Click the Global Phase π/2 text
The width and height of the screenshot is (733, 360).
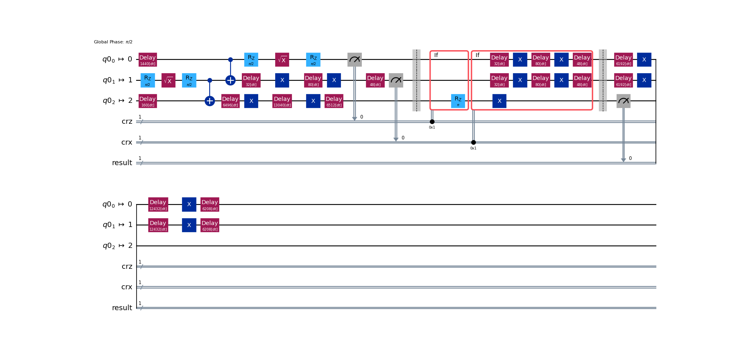click(113, 42)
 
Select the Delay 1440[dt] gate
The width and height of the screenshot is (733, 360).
click(147, 59)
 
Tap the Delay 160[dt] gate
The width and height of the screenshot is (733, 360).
click(147, 101)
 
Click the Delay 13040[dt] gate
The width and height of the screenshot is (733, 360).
click(282, 101)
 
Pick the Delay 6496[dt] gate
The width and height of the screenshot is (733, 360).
click(230, 101)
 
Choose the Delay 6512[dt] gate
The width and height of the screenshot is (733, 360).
click(334, 101)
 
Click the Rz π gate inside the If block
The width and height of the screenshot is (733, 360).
click(458, 101)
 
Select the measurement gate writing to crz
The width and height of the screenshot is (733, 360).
click(355, 59)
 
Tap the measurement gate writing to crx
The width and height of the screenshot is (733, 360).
click(396, 80)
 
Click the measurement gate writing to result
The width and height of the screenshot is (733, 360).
click(623, 101)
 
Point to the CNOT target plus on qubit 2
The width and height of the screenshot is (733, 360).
click(210, 101)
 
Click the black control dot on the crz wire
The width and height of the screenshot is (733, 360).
click(432, 122)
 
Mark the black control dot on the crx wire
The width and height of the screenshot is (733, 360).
click(474, 142)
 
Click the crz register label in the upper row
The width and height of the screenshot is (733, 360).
click(127, 121)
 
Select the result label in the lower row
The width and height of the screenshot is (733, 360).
click(122, 308)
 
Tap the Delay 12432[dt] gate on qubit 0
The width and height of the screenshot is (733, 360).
click(158, 204)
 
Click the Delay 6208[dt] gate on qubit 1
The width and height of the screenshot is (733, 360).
click(210, 225)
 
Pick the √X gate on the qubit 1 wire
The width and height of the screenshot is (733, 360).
click(168, 80)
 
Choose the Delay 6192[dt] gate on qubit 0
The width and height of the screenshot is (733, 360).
click(623, 59)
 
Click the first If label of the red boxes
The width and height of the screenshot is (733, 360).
click(436, 55)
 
